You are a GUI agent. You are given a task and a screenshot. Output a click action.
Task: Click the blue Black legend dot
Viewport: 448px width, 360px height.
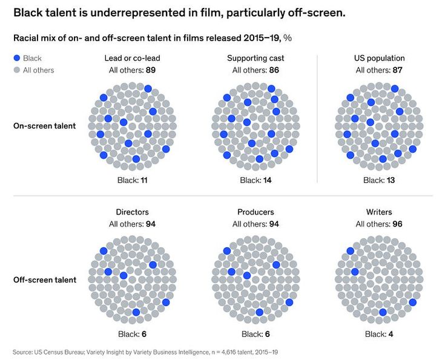[16, 58]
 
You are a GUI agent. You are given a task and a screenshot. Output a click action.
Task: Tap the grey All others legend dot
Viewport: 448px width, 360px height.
[16, 70]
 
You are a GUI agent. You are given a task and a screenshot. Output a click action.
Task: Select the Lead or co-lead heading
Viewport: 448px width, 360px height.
[132, 58]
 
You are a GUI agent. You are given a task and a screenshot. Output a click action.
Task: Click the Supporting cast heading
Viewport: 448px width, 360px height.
[255, 58]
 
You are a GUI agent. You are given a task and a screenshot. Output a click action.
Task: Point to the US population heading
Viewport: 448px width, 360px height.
[379, 58]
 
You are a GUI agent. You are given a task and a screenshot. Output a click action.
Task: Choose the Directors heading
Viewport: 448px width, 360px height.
[132, 212]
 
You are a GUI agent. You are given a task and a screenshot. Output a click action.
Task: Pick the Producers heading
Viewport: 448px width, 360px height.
[255, 212]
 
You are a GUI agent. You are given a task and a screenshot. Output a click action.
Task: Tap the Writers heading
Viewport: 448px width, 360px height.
[379, 212]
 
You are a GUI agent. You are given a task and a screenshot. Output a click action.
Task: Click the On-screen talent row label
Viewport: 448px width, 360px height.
[45, 126]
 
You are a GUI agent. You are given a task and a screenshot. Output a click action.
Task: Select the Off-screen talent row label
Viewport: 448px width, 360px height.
[45, 280]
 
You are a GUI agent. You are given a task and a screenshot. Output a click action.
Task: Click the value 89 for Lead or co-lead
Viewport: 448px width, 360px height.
[151, 70]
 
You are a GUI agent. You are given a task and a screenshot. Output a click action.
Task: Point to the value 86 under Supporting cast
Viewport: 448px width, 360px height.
[274, 70]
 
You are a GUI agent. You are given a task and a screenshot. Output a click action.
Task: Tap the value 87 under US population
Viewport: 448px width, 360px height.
[398, 70]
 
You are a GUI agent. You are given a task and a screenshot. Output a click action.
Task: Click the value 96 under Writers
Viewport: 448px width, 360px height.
[398, 224]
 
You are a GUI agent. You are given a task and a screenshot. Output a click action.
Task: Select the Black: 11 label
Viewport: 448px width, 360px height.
[132, 180]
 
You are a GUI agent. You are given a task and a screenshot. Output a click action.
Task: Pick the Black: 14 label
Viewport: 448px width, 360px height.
[255, 180]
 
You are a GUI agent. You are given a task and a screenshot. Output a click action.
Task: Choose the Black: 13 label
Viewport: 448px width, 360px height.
[379, 180]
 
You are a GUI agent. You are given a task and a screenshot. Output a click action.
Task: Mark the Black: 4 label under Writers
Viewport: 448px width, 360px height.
[379, 334]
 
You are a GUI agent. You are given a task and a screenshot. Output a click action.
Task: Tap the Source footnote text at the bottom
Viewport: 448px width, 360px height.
[145, 352]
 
